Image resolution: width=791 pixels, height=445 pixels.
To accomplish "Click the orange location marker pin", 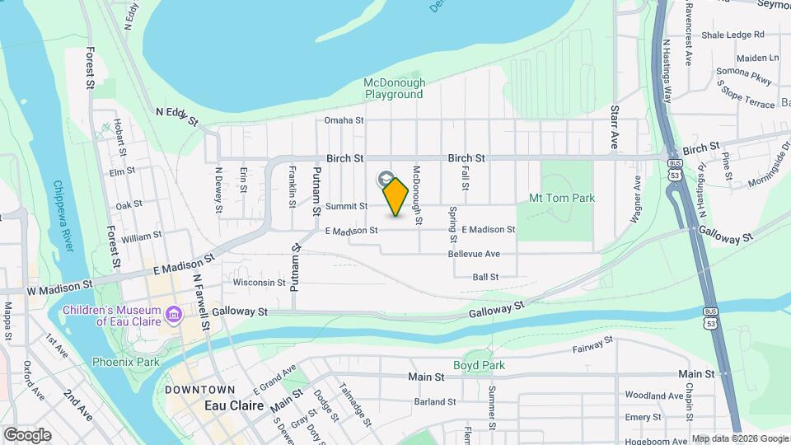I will click(x=396, y=196).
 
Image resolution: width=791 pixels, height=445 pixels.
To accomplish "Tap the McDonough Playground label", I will click(x=395, y=88).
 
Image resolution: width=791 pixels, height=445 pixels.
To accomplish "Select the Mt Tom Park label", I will click(x=561, y=198).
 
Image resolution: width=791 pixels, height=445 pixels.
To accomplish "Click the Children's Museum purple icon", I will click(x=173, y=315).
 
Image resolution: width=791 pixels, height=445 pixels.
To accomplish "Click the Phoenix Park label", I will click(x=125, y=361).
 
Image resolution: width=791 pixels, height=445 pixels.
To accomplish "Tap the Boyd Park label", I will click(x=479, y=365).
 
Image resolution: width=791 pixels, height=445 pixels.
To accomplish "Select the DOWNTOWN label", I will click(x=199, y=389).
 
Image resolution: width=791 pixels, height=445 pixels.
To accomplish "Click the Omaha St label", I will click(x=344, y=120).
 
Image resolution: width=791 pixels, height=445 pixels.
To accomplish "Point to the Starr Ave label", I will click(x=614, y=127).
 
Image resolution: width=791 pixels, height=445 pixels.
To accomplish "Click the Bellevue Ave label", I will click(x=474, y=254).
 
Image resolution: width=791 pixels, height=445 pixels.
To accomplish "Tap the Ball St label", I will click(x=485, y=278).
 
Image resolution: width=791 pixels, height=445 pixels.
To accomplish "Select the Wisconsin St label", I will click(x=259, y=283).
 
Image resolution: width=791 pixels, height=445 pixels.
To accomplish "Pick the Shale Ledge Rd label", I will click(x=733, y=35).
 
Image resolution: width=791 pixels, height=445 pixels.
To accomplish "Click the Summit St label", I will click(x=346, y=206).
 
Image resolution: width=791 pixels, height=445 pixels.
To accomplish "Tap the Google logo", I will click(x=27, y=434).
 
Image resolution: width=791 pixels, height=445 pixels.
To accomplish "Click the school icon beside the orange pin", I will click(x=385, y=179).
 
